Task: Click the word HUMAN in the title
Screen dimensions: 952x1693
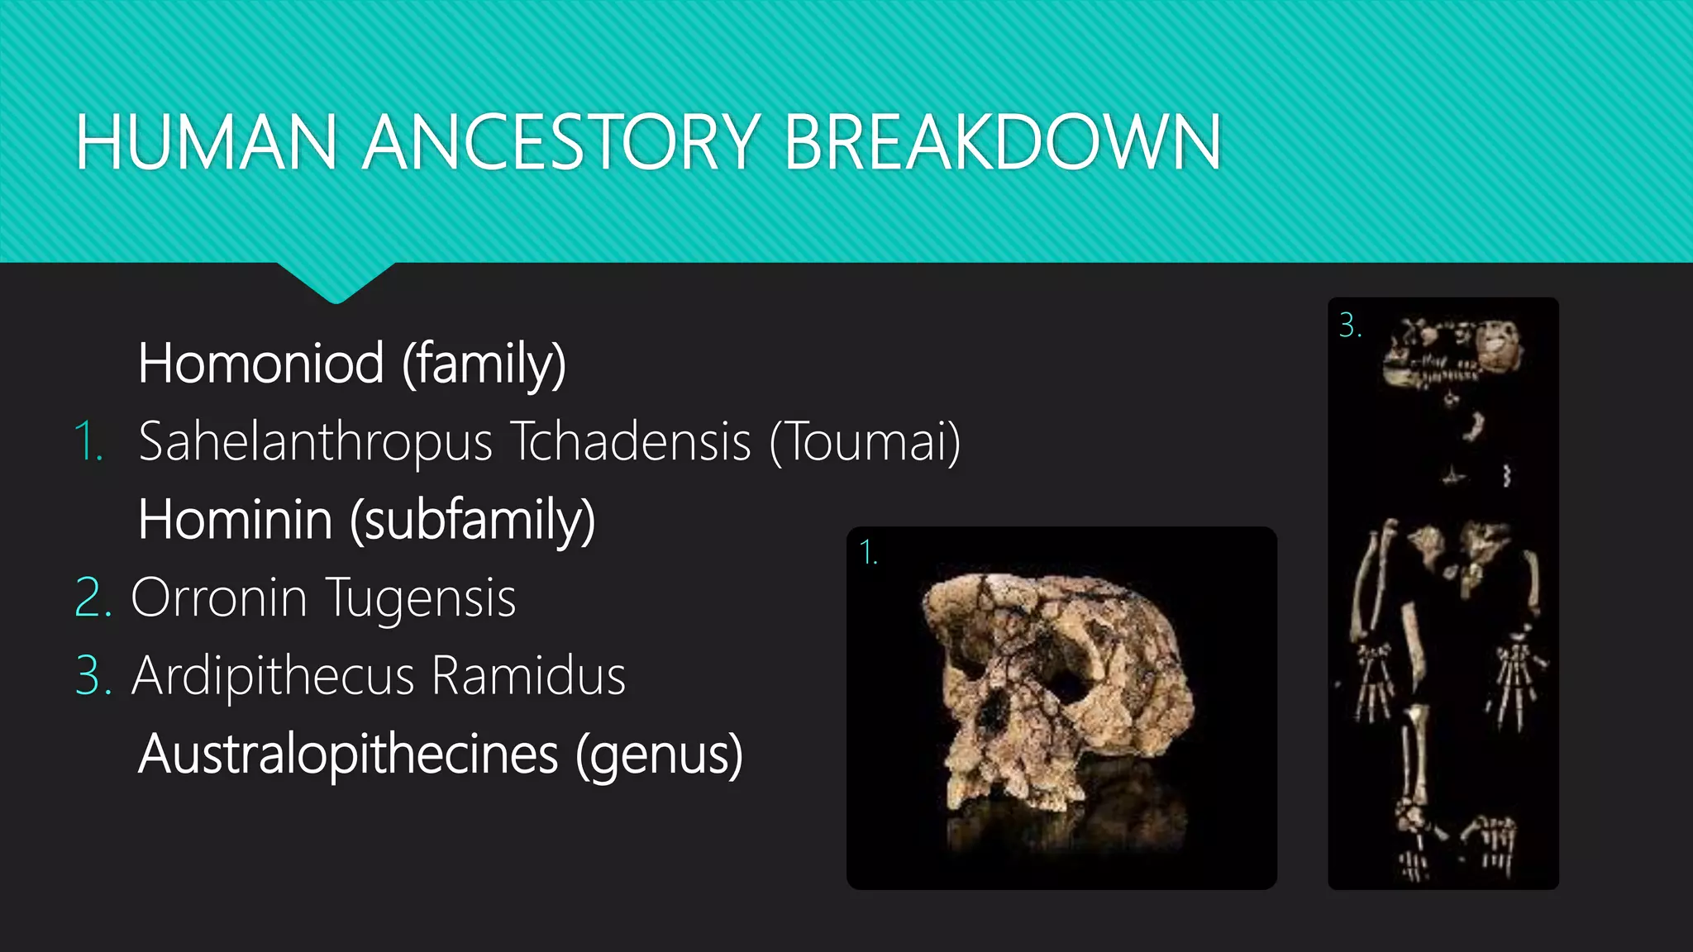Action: pyautogui.click(x=206, y=142)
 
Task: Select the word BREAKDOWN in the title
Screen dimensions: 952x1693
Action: pyautogui.click(x=1003, y=142)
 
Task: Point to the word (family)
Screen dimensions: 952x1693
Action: pyautogui.click(x=484, y=364)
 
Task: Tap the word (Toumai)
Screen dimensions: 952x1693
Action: pyautogui.click(x=865, y=442)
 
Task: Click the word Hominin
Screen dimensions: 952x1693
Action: pyautogui.click(x=236, y=520)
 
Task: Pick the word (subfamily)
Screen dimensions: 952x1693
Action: pyautogui.click(x=472, y=521)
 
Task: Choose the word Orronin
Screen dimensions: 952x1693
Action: pyautogui.click(x=219, y=597)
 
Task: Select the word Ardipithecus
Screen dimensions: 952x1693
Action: pyautogui.click(x=273, y=676)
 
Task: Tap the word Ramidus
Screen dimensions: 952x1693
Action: pyautogui.click(x=528, y=676)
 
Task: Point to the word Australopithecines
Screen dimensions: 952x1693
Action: pyautogui.click(x=348, y=754)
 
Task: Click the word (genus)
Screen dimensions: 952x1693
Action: pyautogui.click(x=659, y=756)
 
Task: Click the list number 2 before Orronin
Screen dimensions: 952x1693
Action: pyautogui.click(x=92, y=597)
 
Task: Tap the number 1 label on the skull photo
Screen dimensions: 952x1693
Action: pyautogui.click(x=867, y=552)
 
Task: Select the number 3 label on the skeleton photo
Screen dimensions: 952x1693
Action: pyautogui.click(x=1349, y=325)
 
